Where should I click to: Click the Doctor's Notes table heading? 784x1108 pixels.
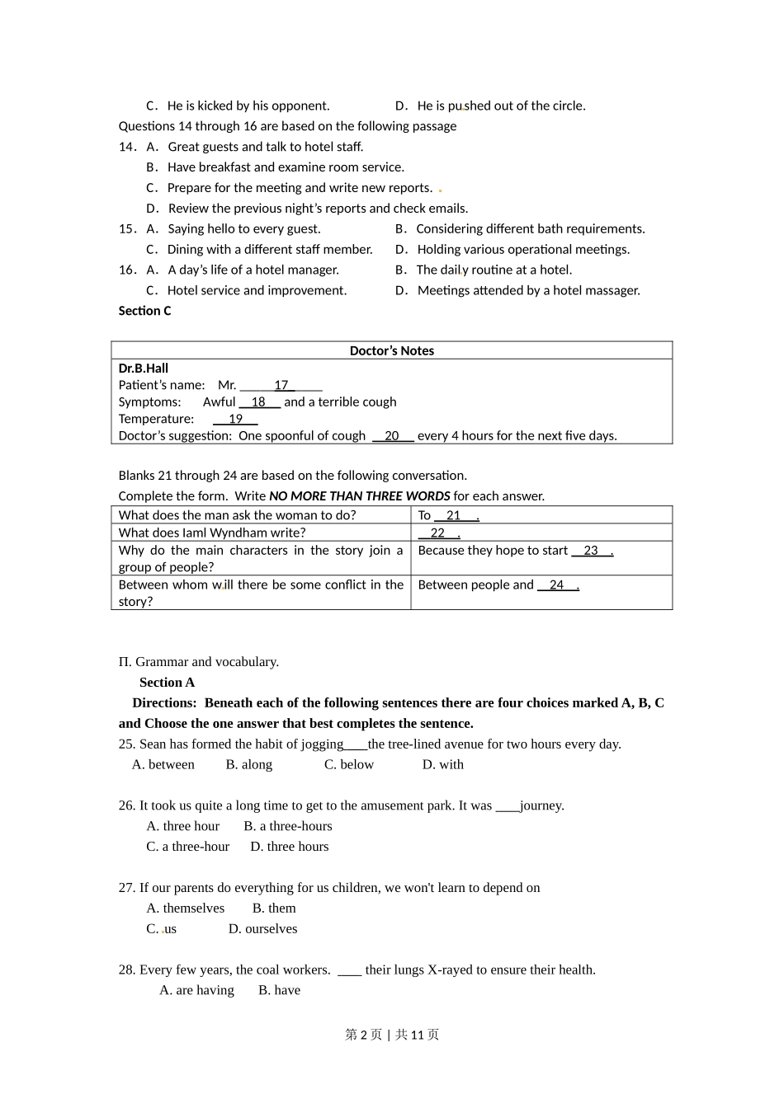tap(391, 350)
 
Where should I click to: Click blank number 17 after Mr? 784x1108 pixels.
tap(281, 385)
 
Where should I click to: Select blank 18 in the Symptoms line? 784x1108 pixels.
tap(259, 402)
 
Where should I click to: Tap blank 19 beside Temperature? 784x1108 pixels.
tap(235, 419)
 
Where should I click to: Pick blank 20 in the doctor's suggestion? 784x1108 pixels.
tap(392, 436)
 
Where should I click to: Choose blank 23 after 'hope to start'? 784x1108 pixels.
tap(591, 551)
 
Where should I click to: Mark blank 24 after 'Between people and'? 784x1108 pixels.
tap(557, 585)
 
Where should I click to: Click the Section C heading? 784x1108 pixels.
tap(144, 311)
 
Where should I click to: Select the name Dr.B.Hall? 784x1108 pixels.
tap(144, 369)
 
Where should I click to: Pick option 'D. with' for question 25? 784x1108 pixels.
tap(442, 765)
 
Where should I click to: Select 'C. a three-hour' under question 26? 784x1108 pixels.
tap(187, 847)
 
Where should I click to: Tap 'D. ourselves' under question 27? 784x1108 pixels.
tap(262, 929)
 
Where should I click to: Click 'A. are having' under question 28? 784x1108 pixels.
tap(196, 991)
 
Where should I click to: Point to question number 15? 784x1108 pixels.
tap(126, 229)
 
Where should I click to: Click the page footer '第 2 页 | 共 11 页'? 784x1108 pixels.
tap(392, 1035)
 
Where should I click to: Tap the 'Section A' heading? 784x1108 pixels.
tap(167, 683)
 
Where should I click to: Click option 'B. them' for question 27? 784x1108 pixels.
tap(273, 908)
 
